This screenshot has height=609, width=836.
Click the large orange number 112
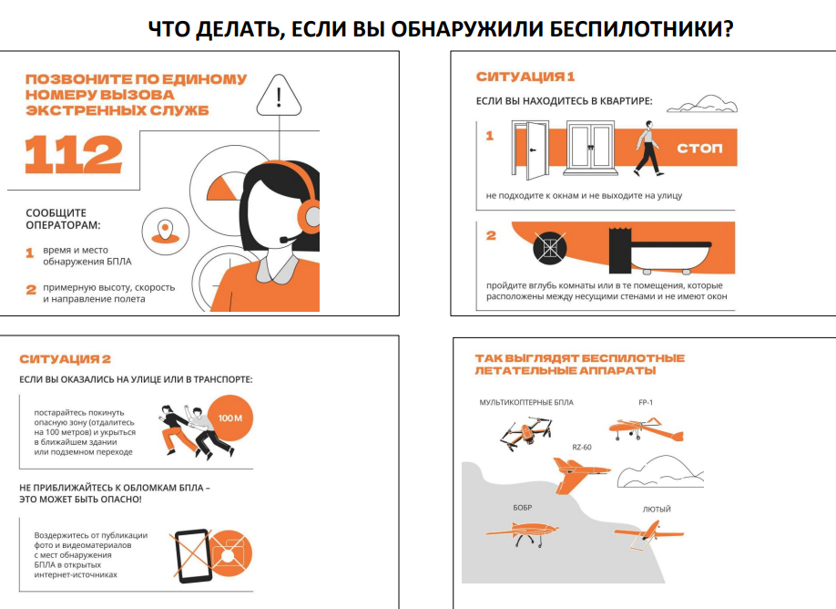pos(74,154)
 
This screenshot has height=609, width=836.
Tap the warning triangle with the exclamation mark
pos(279,96)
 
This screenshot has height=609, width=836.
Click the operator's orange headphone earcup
pos(310,215)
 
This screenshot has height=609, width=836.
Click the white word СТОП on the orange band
pos(699,148)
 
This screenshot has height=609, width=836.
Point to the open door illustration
pos(531,150)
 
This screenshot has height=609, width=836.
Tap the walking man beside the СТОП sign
pos(647,149)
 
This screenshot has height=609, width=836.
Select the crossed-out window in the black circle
pos(550,248)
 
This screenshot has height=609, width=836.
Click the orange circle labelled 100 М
pos(229,418)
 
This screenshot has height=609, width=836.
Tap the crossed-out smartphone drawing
pos(192,556)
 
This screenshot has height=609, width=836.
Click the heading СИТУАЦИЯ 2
pos(65,359)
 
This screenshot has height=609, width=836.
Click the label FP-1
pos(646,402)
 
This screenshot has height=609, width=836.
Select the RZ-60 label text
pos(582,448)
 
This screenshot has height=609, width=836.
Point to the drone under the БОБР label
pos(523,532)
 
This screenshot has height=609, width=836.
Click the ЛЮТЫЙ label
pos(657,510)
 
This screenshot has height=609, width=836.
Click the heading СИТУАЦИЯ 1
pos(525,77)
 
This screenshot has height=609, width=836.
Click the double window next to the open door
pos(591,148)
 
